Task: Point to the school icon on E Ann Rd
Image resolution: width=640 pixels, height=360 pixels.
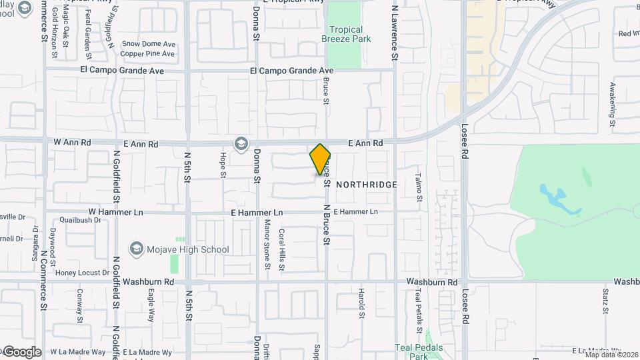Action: [x=241, y=143]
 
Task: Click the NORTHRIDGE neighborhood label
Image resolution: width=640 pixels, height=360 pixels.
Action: [x=366, y=185]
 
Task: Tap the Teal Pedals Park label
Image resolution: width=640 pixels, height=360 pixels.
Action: [x=419, y=352]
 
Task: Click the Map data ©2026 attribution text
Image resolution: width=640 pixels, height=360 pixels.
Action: [x=611, y=355]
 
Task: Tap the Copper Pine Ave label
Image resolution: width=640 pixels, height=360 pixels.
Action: [x=147, y=53]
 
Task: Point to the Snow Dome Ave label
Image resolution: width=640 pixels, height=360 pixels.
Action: [x=147, y=44]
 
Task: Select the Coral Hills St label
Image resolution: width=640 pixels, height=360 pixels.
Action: [x=282, y=249]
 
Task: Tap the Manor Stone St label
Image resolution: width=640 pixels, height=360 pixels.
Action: [x=267, y=245]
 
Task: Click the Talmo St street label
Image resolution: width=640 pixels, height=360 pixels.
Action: [x=419, y=187]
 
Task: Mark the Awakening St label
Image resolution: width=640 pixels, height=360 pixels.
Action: [x=612, y=103]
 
